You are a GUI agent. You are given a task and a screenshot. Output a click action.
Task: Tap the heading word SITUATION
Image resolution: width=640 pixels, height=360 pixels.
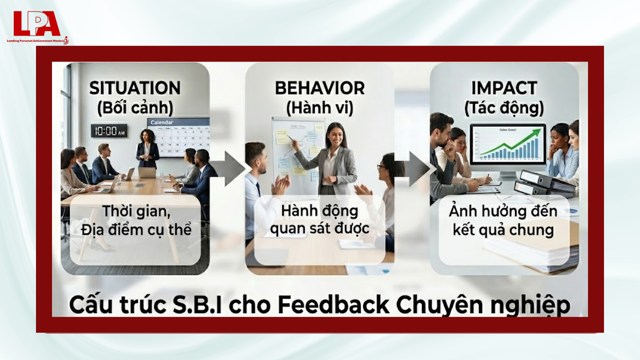point(135,88)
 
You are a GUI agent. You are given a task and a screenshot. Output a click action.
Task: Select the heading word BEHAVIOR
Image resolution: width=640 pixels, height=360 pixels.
point(320,88)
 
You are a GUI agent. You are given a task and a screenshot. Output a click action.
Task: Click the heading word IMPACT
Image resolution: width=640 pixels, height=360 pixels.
point(504,88)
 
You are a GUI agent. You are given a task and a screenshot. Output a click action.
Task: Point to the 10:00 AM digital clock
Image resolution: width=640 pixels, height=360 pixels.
point(109,131)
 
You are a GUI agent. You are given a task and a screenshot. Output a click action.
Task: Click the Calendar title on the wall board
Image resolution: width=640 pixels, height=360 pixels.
point(162,122)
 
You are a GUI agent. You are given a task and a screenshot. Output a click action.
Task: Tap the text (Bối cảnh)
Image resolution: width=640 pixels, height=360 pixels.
point(135,108)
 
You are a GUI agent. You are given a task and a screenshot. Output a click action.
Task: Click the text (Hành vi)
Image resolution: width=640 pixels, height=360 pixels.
point(320,108)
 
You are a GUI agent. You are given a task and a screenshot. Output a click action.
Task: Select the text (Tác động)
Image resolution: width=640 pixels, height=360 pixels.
point(504,108)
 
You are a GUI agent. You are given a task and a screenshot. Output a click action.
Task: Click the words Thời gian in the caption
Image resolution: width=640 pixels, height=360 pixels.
point(136,211)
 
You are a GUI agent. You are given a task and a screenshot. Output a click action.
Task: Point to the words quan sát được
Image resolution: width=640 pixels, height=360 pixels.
point(320,229)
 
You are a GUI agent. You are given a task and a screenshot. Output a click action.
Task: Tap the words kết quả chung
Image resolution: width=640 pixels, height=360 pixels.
point(503,230)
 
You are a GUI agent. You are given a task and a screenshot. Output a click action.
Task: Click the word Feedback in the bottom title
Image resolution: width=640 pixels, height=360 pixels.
point(333,305)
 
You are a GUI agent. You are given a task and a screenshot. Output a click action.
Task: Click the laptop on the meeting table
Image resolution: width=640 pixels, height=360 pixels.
point(147,173)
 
